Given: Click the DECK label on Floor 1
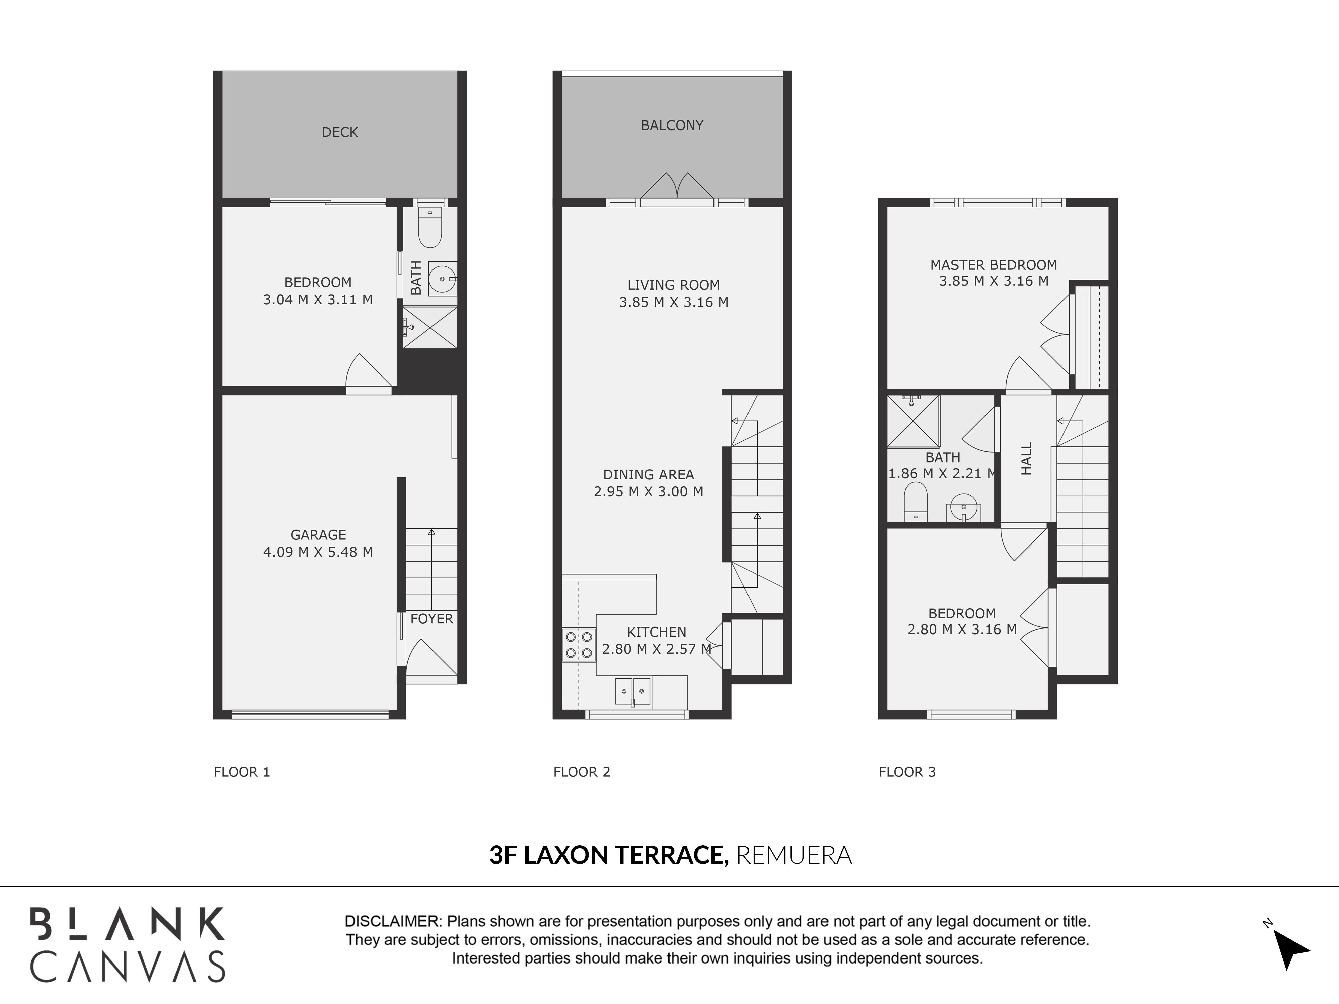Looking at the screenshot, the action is coord(339,132).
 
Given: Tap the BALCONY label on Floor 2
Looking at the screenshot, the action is coord(672,125).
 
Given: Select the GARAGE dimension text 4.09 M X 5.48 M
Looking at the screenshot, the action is coord(318,552).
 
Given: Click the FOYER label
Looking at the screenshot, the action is coord(431,618).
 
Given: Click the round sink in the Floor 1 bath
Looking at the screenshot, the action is coord(443,279).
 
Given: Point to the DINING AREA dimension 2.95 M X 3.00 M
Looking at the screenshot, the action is coord(648,491).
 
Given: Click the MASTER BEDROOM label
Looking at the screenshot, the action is coord(993,264).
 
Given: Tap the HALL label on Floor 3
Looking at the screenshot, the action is coord(1026,458).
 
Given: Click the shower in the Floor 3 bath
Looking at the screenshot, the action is coord(913,421).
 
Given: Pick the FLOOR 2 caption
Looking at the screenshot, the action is coord(582,772).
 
